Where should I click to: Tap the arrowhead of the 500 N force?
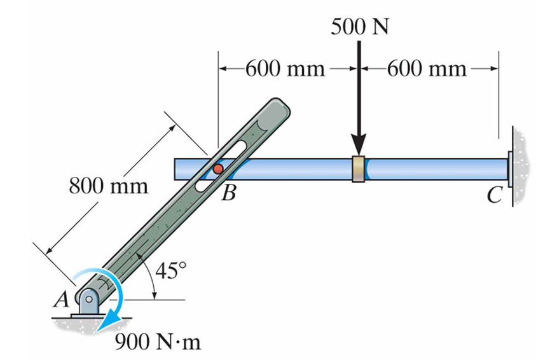tap(359, 148)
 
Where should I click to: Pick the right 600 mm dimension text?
tap(426, 68)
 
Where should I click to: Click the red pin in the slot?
tap(217, 169)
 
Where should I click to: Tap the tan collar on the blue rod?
tap(359, 169)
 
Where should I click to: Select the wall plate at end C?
tap(511, 169)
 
